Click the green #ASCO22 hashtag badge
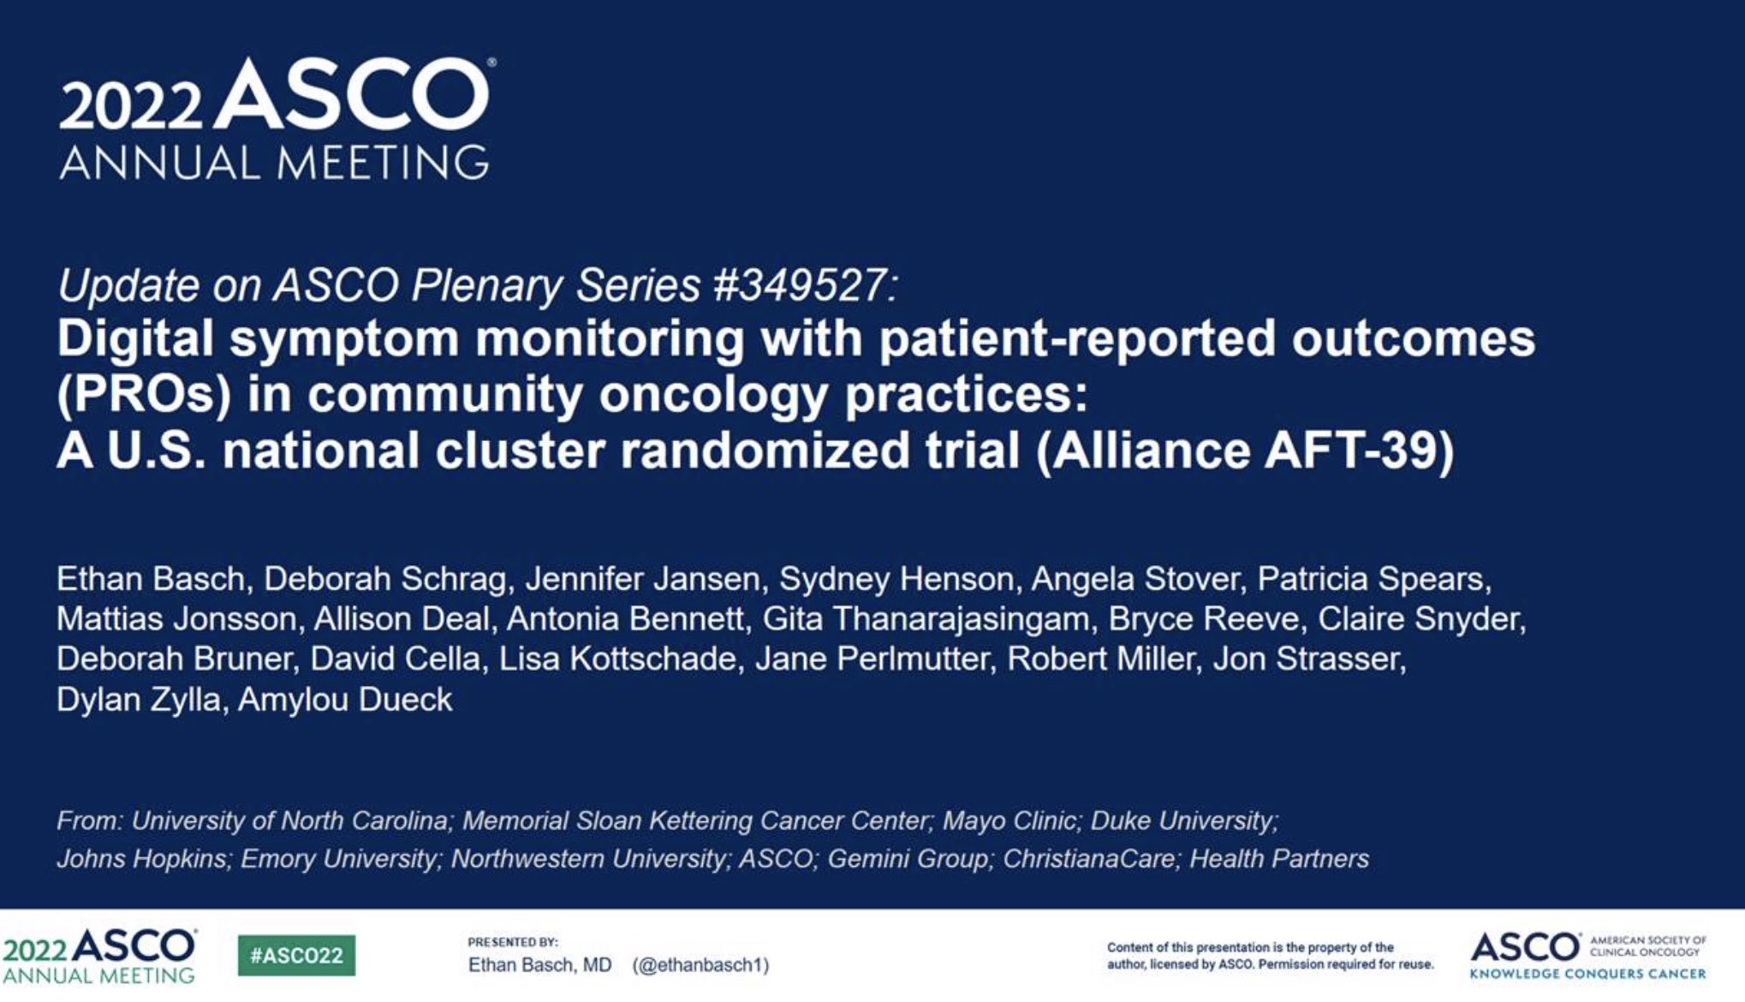click(296, 956)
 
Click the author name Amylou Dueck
click(344, 700)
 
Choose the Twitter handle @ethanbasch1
click(700, 965)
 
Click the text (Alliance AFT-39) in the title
click(1245, 450)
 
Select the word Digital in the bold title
click(134, 339)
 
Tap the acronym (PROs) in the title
click(144, 395)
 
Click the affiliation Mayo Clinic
click(1009, 820)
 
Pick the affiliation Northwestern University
click(588, 858)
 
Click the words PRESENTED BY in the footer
click(512, 942)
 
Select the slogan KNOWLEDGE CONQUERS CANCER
click(1587, 974)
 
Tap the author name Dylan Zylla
click(138, 700)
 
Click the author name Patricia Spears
click(1373, 580)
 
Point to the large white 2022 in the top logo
click(130, 107)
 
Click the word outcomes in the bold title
click(1413, 339)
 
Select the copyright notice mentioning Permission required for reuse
click(1270, 956)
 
